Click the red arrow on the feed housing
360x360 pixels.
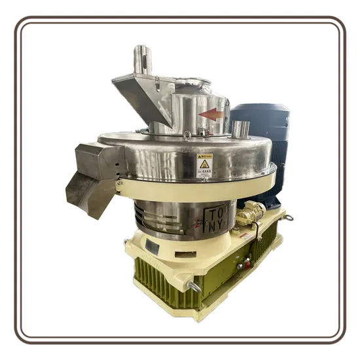coord(211,114)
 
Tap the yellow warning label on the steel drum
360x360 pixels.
coord(205,165)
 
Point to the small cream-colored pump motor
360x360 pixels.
coord(250,212)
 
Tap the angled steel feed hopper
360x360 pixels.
coord(141,95)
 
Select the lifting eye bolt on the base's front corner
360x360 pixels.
coord(194,286)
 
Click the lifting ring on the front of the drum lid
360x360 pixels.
coord(187,135)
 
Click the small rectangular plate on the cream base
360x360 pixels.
coord(153,247)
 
